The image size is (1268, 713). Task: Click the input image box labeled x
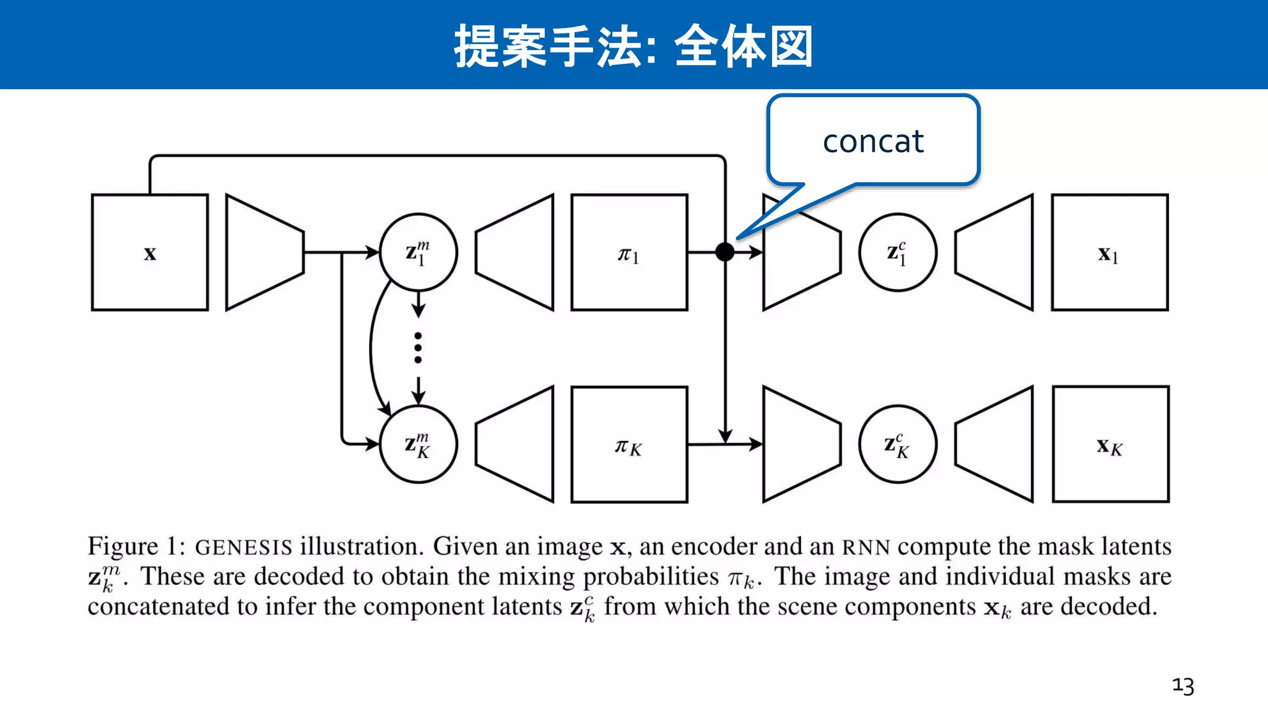[x=150, y=253]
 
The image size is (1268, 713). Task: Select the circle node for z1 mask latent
[x=418, y=253]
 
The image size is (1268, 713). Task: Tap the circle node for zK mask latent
[x=418, y=444]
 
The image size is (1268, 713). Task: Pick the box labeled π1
[x=629, y=253]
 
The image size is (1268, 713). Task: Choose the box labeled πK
[x=629, y=444]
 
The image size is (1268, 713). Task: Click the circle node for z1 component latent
[x=897, y=253]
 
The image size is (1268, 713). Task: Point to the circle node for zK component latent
[x=897, y=444]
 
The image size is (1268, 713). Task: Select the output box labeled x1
[x=1109, y=253]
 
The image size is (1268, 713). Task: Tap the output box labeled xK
[x=1110, y=444]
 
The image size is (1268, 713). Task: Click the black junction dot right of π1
[x=725, y=252]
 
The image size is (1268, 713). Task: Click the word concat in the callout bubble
[x=873, y=142]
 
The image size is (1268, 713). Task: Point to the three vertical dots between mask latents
[x=418, y=348]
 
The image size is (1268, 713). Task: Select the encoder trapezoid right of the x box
[x=264, y=253]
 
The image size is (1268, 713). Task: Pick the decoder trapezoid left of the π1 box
[x=515, y=253]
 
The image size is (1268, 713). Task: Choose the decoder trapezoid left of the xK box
[x=994, y=444]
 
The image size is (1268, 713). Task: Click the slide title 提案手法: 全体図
[x=633, y=46]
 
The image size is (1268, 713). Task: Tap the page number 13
[x=1183, y=686]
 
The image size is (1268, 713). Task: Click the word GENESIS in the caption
[x=243, y=547]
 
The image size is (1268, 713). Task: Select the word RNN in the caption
[x=866, y=547]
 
